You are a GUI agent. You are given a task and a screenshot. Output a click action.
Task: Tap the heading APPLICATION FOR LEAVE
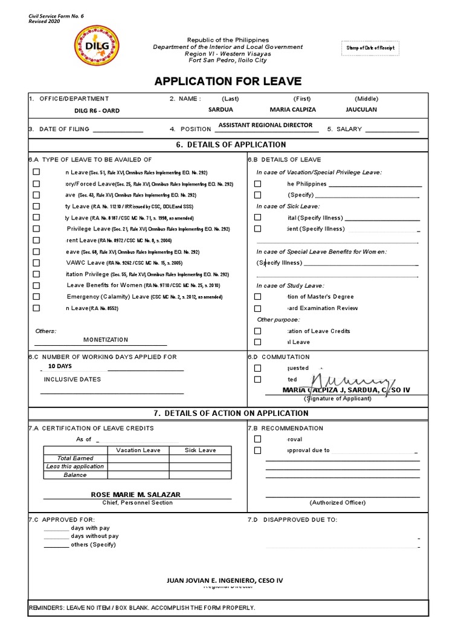pos(228,82)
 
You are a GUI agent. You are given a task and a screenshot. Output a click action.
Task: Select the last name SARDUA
pos(221,109)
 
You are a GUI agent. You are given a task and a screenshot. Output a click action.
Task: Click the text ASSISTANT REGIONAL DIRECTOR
pos(265,125)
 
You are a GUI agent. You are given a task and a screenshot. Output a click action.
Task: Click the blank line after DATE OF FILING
pos(118,129)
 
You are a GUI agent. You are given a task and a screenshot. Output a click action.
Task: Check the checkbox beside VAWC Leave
pos(36,263)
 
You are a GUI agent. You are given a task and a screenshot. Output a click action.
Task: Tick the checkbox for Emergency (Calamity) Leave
pos(36,297)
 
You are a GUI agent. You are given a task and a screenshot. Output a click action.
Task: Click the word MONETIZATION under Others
pos(106,340)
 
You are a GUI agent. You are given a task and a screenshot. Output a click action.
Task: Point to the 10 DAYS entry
pos(60,366)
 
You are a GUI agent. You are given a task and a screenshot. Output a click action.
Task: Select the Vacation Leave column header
pos(138,450)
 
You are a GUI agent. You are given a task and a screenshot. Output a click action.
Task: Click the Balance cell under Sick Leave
pos(199,475)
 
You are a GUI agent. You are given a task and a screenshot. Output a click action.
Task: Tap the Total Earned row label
pos(75,458)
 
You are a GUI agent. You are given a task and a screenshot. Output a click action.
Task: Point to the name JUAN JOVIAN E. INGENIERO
pos(224,580)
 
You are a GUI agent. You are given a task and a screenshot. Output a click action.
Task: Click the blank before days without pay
pos(56,536)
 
